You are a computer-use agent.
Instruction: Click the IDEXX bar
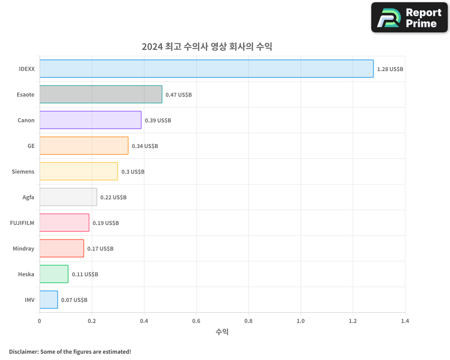point(207,69)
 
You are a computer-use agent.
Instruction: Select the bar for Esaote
point(101,94)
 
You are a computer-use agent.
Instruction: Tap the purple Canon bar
point(90,120)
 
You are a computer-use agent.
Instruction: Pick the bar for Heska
point(54,274)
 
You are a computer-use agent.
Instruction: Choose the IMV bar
point(49,300)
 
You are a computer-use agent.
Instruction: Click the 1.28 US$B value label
point(390,69)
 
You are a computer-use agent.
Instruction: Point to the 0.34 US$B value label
point(145,146)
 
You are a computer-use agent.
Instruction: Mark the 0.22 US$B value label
point(113,198)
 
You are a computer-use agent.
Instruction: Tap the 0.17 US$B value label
point(100,249)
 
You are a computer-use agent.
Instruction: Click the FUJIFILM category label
point(22,223)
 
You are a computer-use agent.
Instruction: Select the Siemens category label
point(23,171)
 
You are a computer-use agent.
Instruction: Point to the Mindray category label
point(23,248)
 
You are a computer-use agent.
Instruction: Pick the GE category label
point(31,146)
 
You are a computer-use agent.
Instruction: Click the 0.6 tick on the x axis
point(196,321)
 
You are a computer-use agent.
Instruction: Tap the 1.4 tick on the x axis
point(405,321)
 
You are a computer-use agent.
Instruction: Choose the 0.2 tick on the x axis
point(92,321)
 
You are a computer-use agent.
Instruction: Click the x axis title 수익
point(222,332)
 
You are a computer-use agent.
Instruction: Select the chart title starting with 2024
point(207,46)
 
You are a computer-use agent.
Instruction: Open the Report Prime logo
point(409,18)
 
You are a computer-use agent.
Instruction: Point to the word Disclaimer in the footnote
point(23,351)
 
